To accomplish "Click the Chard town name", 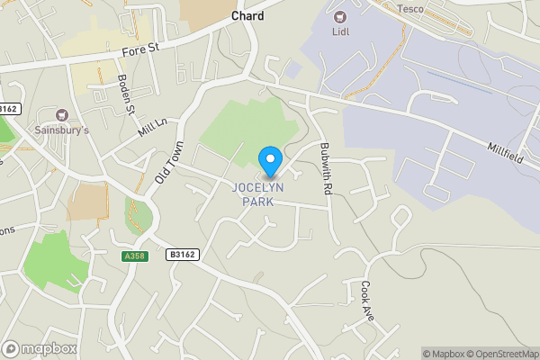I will coord(247,15).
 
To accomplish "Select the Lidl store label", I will coord(339,31).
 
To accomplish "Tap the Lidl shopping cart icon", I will coord(339,16).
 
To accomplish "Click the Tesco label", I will coord(410,8).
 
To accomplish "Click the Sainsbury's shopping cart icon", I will coord(62,115).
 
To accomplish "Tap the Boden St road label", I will coord(125,94).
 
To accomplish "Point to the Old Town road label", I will coord(168,163).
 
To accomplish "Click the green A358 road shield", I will coord(133,256).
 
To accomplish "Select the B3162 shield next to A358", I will coord(181,256).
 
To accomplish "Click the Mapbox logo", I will coord(40,348).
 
